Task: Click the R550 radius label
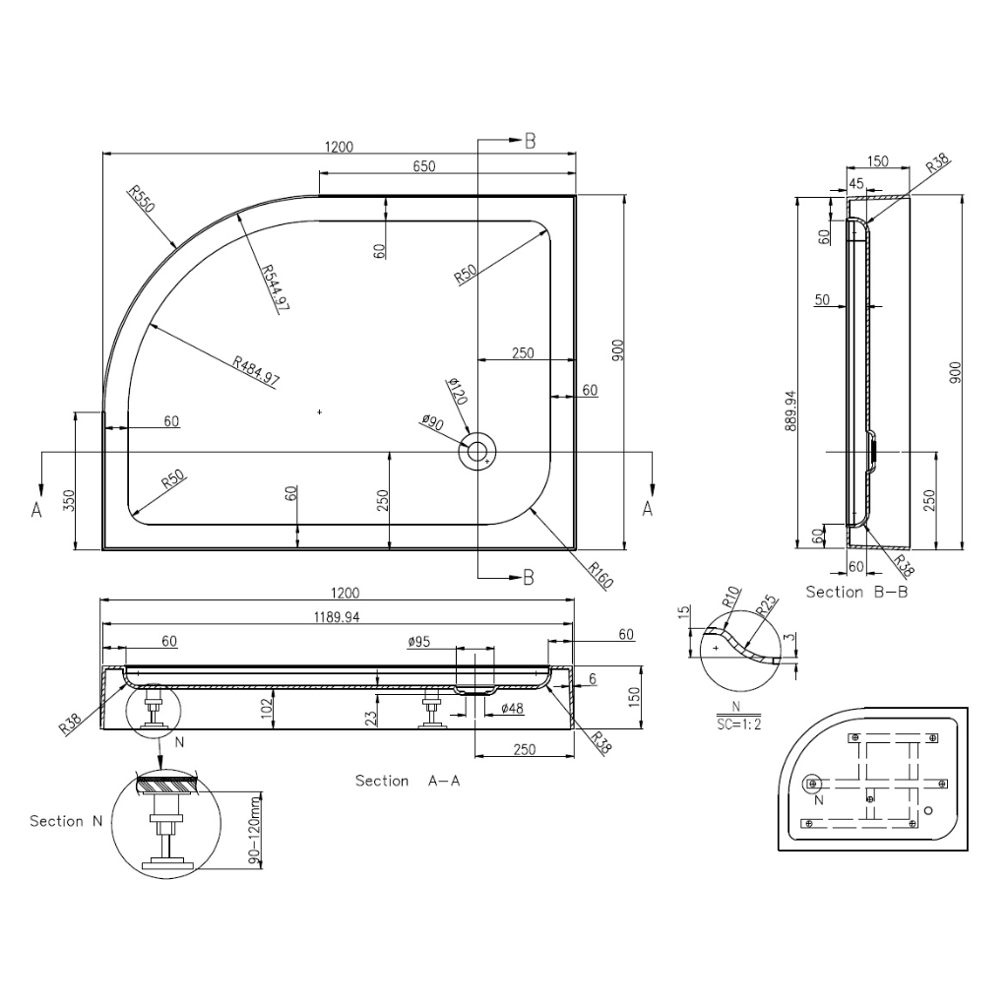tap(142, 199)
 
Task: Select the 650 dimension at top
tap(424, 165)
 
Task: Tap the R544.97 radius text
tap(276, 289)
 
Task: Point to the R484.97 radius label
tap(257, 371)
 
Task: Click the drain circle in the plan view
tap(477, 452)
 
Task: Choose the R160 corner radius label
tap(601, 575)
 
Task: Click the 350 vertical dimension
tap(70, 500)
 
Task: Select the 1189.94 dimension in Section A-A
tap(337, 617)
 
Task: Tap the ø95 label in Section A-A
tap(419, 642)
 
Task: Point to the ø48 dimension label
tap(512, 709)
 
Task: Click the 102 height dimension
tap(267, 709)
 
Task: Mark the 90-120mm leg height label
tap(255, 830)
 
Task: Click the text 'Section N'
tap(66, 821)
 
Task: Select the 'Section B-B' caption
tap(857, 592)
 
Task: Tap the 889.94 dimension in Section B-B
tap(790, 410)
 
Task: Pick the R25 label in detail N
tap(766, 605)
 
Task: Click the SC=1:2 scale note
tap(738, 724)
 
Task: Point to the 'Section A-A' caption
tap(408, 781)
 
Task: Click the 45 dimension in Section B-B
tap(856, 183)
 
